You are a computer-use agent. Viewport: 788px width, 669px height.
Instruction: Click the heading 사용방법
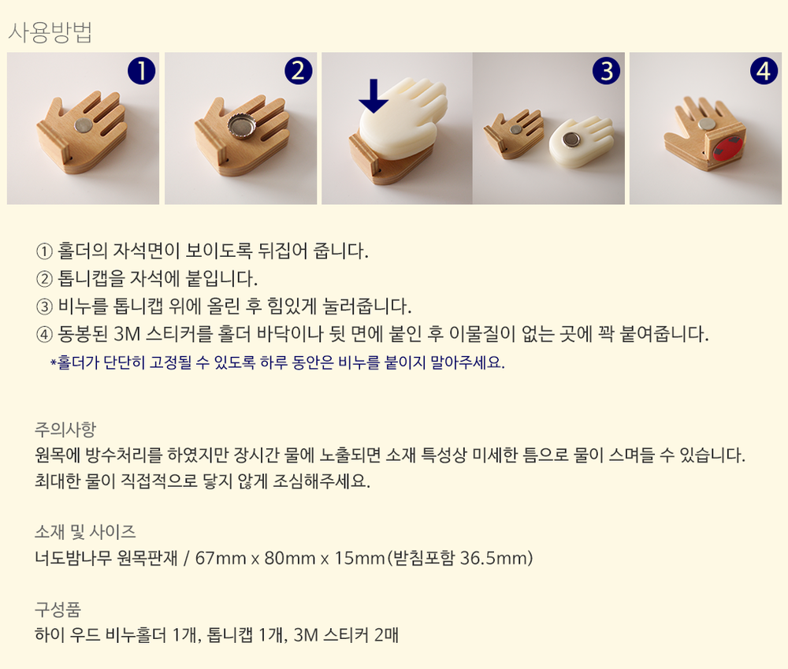coord(50,32)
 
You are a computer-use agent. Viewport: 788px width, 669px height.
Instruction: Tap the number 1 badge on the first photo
coord(141,70)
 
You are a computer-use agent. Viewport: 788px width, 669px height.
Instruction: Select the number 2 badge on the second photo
coord(299,70)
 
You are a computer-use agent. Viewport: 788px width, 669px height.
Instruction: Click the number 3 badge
coord(607,70)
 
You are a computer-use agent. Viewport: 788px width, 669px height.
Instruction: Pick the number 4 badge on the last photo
coord(764,70)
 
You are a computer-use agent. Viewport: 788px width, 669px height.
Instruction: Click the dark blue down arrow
coord(374,95)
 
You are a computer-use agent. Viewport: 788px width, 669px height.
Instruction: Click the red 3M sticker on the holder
coord(727,147)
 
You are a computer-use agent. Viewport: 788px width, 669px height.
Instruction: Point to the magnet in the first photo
coord(83,125)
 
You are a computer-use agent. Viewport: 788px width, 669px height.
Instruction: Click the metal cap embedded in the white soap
coord(570,139)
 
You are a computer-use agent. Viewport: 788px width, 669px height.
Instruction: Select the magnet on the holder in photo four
coord(705,125)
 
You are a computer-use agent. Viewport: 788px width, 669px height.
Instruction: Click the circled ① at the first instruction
coord(44,251)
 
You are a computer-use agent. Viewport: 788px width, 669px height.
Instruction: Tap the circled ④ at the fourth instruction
coord(44,334)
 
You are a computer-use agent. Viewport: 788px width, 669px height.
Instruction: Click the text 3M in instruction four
coord(127,334)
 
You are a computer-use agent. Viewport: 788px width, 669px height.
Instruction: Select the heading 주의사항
coord(65,429)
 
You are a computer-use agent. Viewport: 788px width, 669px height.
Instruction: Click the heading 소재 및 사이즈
coord(85,532)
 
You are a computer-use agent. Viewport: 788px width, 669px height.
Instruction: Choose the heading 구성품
coord(58,610)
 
